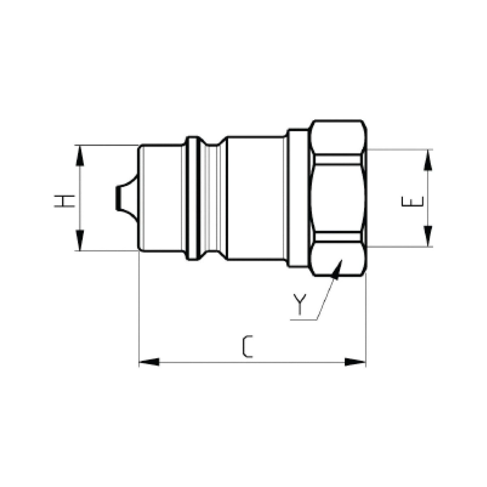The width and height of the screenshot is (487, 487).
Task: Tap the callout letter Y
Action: [298, 304]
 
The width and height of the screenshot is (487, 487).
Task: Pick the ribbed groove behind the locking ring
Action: [212, 198]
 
